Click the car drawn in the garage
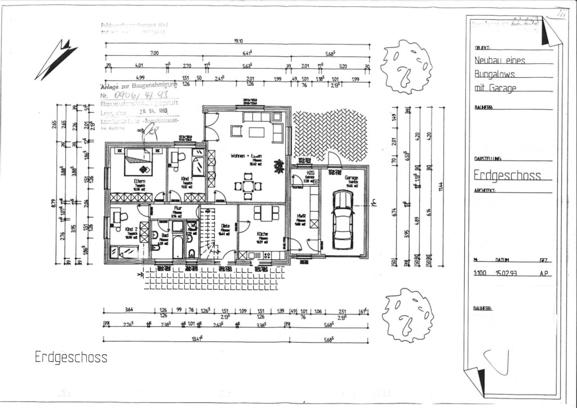pos(343,220)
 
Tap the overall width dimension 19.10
pos(238,41)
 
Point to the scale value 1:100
pos(480,273)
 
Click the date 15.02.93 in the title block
pos(505,273)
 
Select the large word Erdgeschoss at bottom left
pos(70,357)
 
